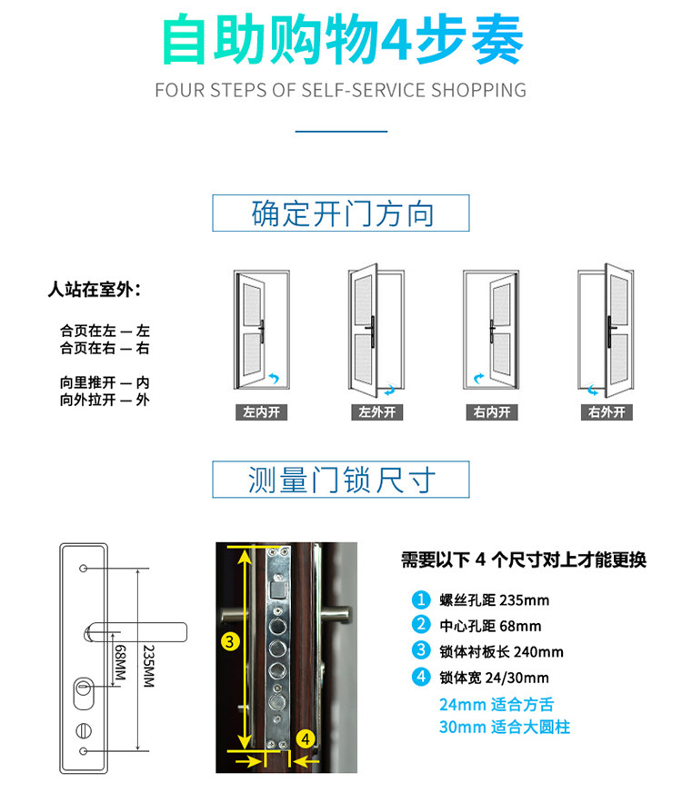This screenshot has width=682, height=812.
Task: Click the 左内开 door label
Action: (x=261, y=412)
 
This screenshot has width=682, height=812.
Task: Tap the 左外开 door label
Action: (x=377, y=412)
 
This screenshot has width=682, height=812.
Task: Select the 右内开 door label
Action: (x=492, y=412)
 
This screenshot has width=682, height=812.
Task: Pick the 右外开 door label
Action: (x=607, y=412)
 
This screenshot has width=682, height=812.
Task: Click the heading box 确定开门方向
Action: (x=341, y=213)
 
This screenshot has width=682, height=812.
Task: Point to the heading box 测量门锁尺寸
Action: (x=341, y=479)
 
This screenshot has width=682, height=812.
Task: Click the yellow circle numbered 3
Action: (x=230, y=641)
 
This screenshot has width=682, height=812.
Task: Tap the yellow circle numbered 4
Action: (x=306, y=738)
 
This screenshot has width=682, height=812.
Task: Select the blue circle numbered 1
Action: (x=421, y=599)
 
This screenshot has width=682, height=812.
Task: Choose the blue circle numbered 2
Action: (x=421, y=625)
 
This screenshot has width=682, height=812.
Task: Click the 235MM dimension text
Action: (x=149, y=666)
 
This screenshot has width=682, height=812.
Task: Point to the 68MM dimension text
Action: (x=120, y=662)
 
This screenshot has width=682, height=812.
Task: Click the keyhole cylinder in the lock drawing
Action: (x=84, y=693)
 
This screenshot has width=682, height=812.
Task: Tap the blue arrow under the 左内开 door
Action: (x=274, y=378)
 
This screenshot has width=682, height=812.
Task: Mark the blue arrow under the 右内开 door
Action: (x=478, y=378)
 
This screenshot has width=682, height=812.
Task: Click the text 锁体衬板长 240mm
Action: (x=502, y=651)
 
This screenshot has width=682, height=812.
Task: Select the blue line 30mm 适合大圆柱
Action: (x=505, y=727)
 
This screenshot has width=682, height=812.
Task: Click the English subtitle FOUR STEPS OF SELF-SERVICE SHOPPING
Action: (x=341, y=90)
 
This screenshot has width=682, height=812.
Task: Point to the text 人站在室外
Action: (x=94, y=289)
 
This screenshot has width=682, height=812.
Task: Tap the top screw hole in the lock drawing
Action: (x=83, y=569)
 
